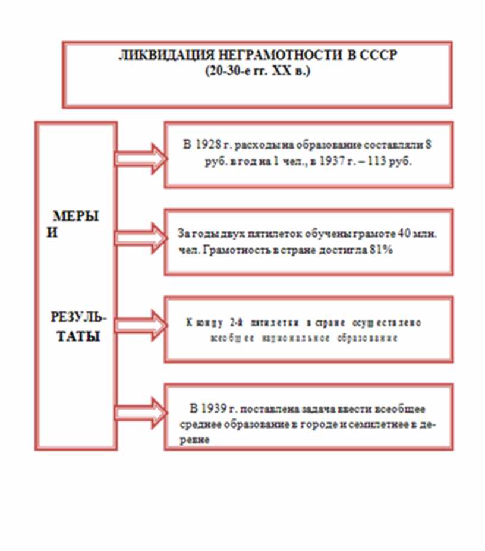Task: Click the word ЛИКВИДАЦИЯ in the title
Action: (x=153, y=56)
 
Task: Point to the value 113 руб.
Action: (x=393, y=162)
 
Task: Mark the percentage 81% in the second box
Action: (x=382, y=250)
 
